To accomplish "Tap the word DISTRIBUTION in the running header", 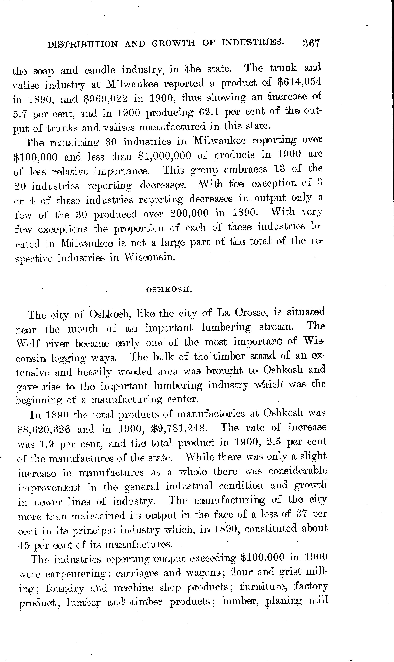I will click(x=82, y=44).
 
